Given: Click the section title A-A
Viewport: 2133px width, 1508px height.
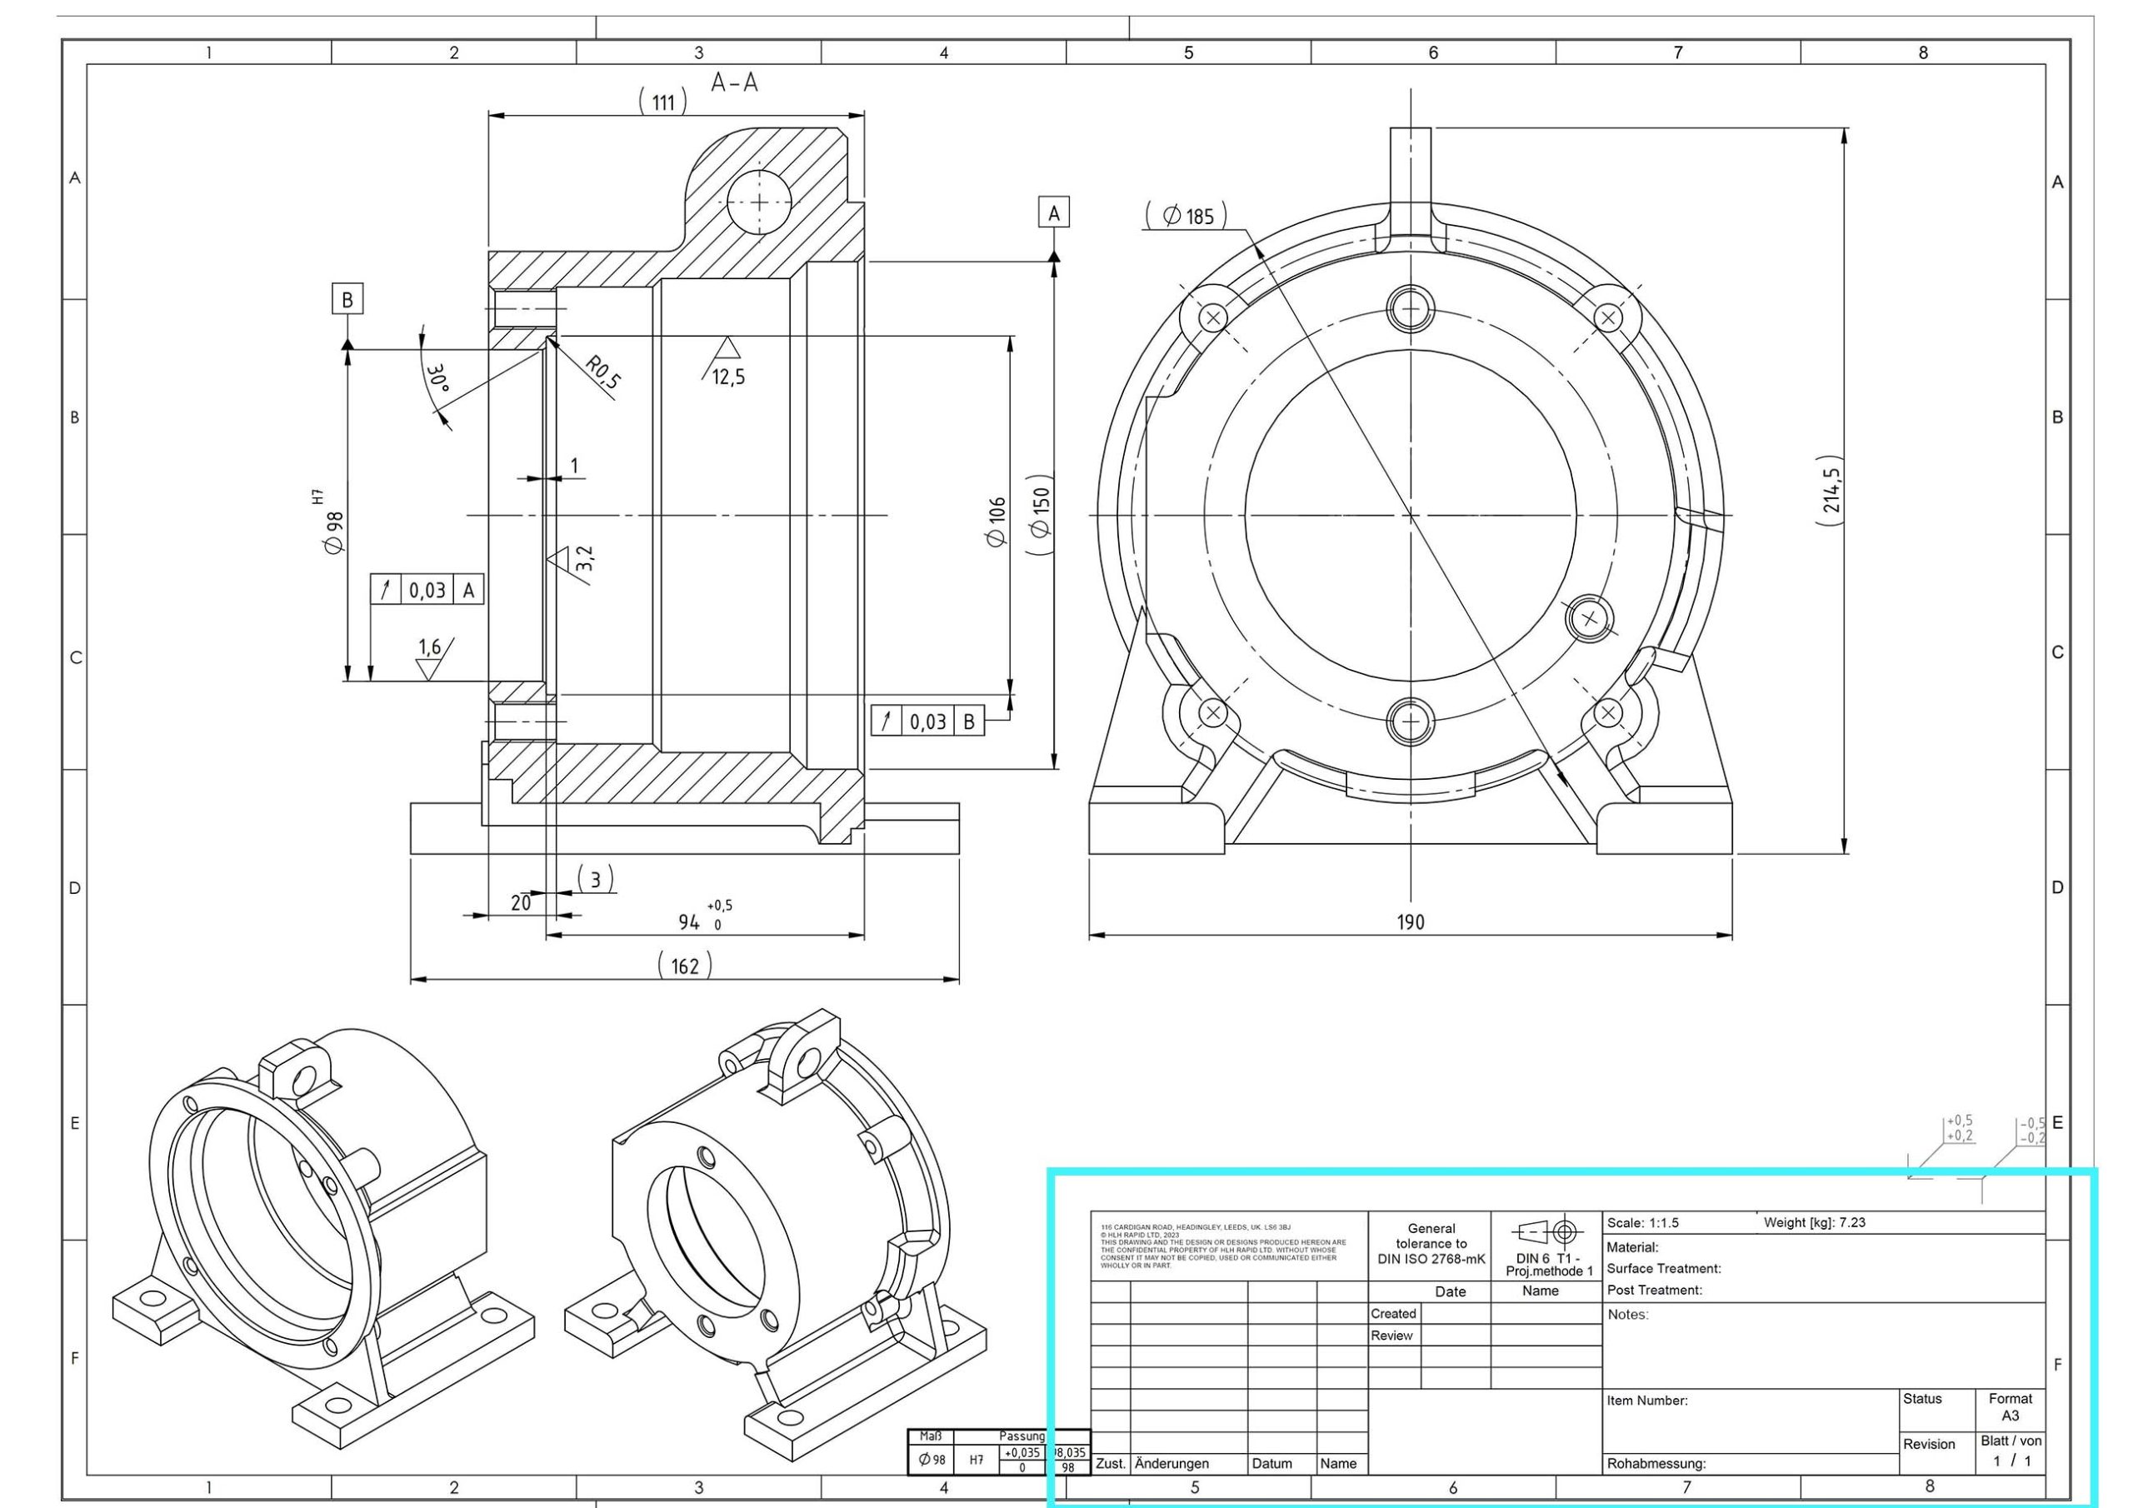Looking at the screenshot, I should (x=734, y=83).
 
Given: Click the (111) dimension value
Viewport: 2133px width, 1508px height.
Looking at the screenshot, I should (x=662, y=102).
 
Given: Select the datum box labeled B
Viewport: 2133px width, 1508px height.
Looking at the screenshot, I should (x=347, y=300).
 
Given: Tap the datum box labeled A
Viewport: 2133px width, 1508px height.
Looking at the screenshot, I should (x=1053, y=212).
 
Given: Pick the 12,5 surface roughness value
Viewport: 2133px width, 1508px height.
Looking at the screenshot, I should (x=728, y=377).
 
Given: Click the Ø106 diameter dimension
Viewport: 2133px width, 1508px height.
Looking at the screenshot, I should (x=997, y=522).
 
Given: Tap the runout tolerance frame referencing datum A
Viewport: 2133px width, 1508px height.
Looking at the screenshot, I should (x=427, y=590).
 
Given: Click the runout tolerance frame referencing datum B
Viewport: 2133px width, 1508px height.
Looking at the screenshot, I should (x=927, y=721).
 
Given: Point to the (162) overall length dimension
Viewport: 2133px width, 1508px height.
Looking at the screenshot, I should (x=685, y=966).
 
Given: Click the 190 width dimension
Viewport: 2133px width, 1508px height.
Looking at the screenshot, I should (x=1411, y=922).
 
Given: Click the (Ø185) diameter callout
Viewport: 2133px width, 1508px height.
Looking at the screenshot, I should (x=1186, y=217).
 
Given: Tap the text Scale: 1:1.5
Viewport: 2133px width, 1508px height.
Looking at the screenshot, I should (x=1642, y=1224).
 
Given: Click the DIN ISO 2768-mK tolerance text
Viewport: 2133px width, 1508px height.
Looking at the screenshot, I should (x=1431, y=1259).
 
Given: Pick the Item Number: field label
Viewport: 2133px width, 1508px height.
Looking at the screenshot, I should (x=1647, y=1401).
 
